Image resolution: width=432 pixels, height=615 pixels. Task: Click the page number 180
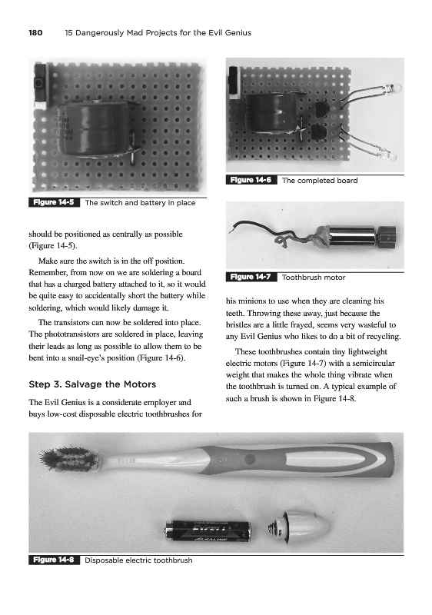click(x=35, y=33)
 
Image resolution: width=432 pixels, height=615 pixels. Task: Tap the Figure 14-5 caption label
click(x=54, y=202)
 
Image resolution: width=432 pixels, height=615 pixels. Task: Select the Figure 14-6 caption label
click(x=251, y=180)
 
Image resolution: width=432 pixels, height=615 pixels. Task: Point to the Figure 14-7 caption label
click(x=251, y=277)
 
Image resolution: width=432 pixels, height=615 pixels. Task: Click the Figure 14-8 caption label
click(x=54, y=560)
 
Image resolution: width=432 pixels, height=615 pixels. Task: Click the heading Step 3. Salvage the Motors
click(x=92, y=384)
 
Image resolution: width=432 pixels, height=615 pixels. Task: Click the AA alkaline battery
click(x=208, y=531)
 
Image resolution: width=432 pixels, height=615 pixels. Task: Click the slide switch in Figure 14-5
click(x=40, y=85)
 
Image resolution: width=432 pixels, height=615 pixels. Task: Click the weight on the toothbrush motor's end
click(x=387, y=235)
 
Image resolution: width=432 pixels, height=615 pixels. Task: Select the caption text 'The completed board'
click(x=320, y=181)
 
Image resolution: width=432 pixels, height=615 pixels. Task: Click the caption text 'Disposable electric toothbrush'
click(x=138, y=560)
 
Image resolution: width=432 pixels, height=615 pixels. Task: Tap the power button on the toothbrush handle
click(x=248, y=458)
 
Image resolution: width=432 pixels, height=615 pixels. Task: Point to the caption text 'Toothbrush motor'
click(x=314, y=278)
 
